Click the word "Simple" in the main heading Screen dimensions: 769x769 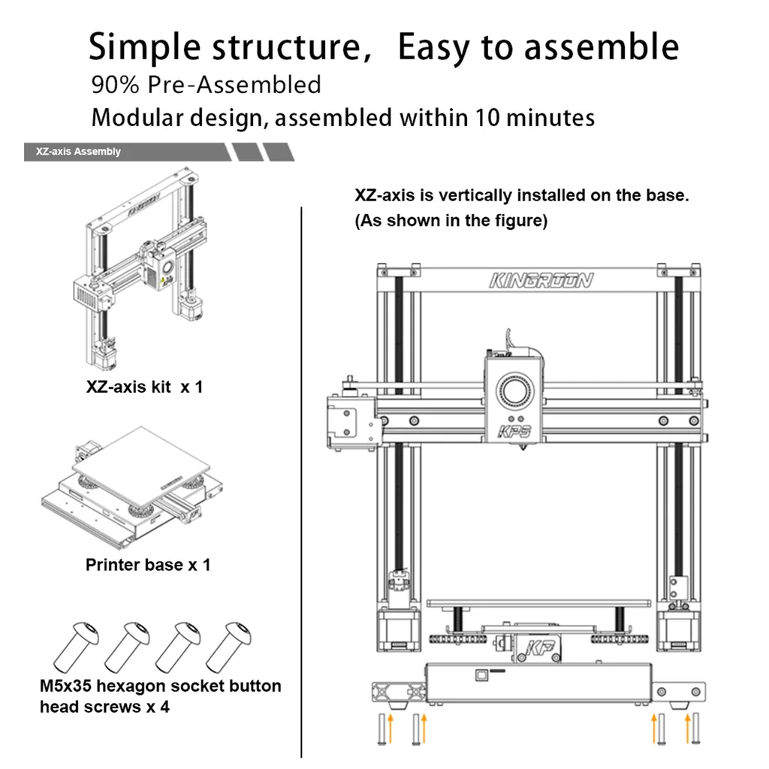(x=144, y=48)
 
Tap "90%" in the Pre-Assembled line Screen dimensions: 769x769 (x=116, y=84)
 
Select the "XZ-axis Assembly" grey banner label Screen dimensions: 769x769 (x=78, y=152)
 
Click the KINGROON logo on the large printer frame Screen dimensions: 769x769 (x=541, y=281)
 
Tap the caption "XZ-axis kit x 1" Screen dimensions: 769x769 (x=143, y=388)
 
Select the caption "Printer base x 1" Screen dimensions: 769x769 (x=148, y=565)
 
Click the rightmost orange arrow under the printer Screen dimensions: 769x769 (x=688, y=727)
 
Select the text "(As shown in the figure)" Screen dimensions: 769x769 (x=451, y=221)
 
